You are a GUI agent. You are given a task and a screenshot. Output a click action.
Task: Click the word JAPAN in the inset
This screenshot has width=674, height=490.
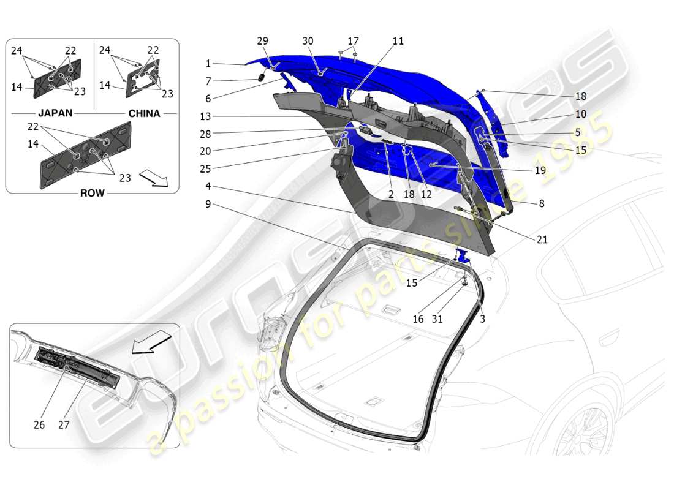[x=56, y=113]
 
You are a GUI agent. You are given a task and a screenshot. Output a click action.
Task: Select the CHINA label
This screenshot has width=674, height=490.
[x=144, y=113]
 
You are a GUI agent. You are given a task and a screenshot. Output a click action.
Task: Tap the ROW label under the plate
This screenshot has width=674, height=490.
[x=91, y=193]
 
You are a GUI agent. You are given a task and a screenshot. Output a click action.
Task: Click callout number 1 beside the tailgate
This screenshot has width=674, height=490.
[x=208, y=64]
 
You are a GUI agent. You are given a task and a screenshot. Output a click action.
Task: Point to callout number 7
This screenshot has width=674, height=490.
[x=208, y=81]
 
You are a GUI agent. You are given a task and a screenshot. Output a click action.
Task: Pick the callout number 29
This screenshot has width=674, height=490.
[x=262, y=40]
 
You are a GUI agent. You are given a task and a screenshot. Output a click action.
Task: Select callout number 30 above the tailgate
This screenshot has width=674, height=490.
[x=308, y=40]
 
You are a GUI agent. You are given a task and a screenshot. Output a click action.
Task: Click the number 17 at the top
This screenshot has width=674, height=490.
[x=353, y=42]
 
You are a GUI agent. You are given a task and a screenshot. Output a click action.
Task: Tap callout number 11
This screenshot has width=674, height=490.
[x=398, y=42]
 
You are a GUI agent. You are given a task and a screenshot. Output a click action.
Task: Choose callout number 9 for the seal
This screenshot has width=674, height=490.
[x=208, y=203]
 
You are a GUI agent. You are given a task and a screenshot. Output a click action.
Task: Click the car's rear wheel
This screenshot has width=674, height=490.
[x=585, y=429]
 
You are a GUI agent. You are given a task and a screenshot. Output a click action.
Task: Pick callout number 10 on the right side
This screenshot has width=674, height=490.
[x=580, y=114]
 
